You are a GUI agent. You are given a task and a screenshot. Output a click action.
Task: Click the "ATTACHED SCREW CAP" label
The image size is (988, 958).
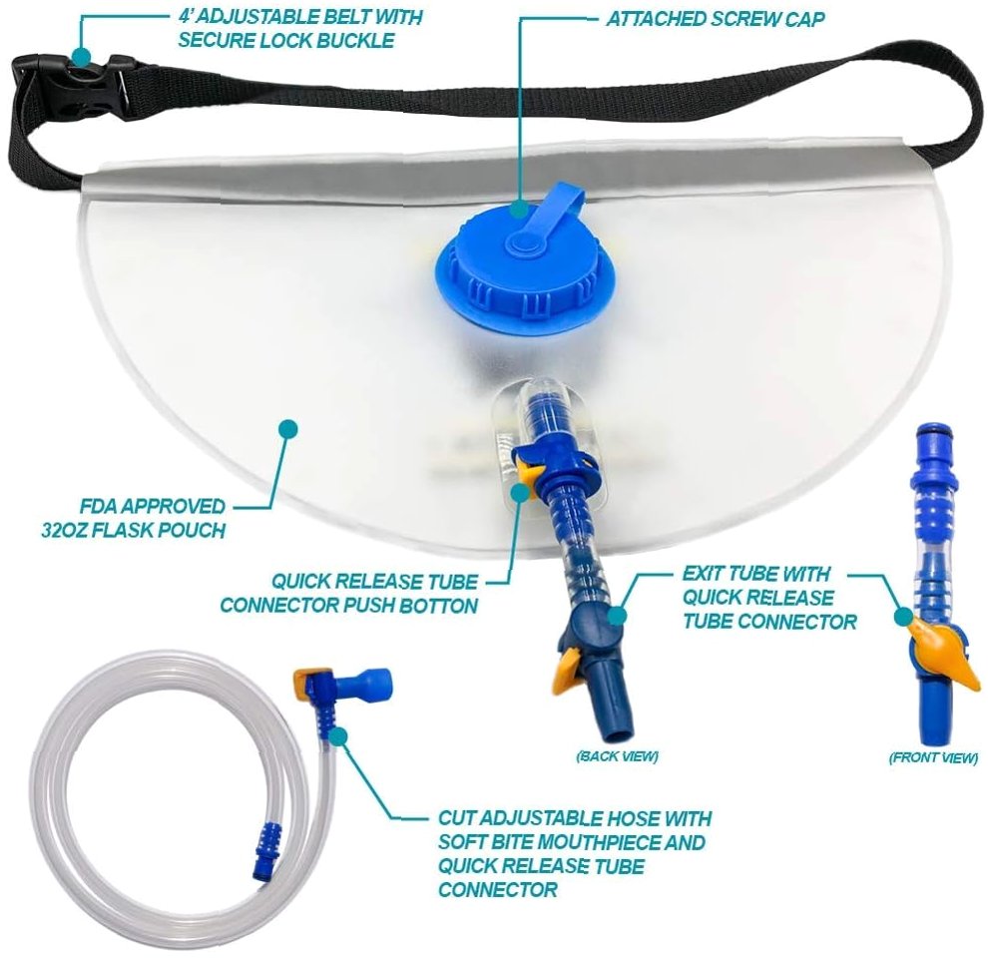coord(716,19)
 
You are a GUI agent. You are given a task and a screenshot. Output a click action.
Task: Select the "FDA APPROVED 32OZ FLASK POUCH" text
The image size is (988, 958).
coord(134,518)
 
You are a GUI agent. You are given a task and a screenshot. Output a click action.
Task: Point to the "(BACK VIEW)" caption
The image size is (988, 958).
coord(617,755)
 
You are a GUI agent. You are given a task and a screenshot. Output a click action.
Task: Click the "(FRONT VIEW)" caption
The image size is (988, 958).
coord(933,757)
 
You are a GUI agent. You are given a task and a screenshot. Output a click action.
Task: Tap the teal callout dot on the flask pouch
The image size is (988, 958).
coord(288,428)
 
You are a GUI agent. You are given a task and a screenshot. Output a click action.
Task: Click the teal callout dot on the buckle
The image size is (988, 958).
coord(81,57)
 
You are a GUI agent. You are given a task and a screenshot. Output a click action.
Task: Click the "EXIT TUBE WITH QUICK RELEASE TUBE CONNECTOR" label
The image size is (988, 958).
coord(768,598)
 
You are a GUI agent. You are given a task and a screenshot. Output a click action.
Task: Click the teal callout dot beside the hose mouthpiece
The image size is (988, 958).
coord(339,735)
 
